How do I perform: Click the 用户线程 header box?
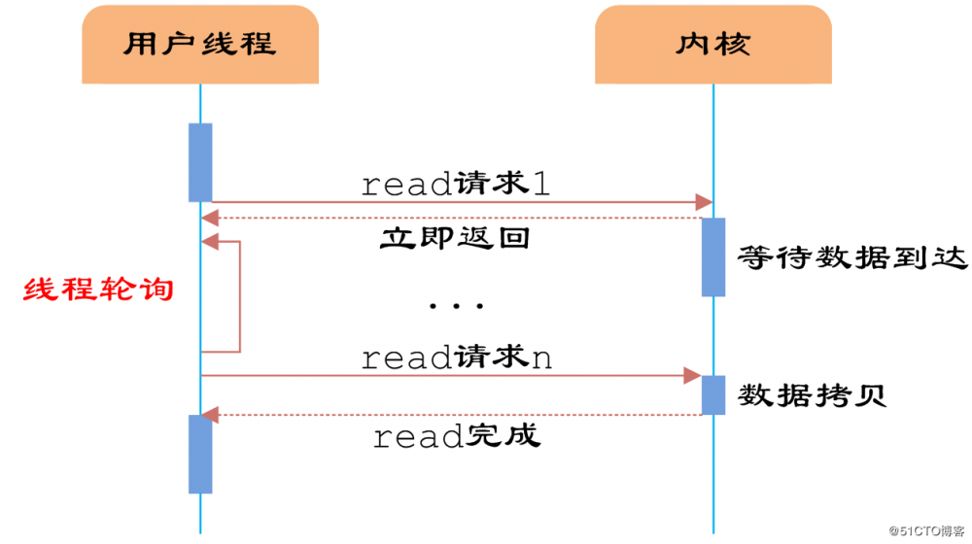pos(200,44)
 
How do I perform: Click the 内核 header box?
pos(713,44)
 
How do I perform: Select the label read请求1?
pos(455,185)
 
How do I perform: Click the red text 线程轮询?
pos(98,289)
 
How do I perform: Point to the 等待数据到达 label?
pos(852,257)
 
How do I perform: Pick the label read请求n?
pos(456,357)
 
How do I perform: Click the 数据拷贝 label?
pos(812,395)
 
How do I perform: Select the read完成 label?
pos(456,436)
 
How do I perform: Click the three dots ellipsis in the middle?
pos(456,306)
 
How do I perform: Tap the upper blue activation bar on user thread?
pos(200,161)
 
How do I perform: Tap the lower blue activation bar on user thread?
pos(200,453)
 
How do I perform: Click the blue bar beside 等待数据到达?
pos(713,256)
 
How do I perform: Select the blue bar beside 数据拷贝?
pos(713,394)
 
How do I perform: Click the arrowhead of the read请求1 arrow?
pos(705,201)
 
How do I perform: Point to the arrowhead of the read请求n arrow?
pos(693,375)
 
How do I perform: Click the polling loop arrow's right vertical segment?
pos(239,296)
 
